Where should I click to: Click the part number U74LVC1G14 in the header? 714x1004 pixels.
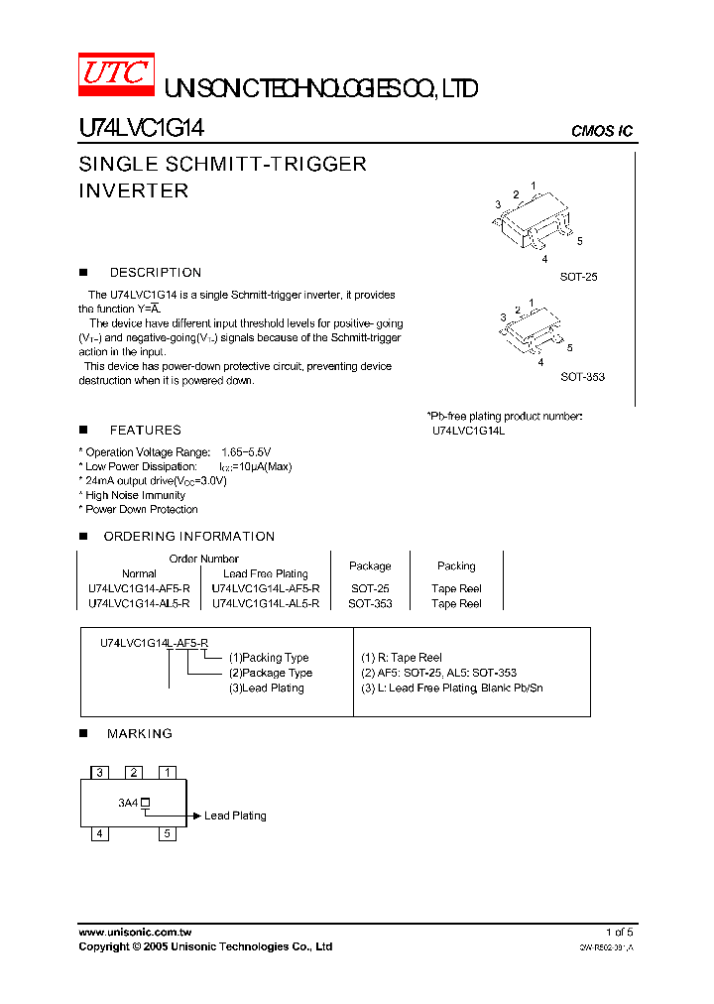tap(141, 129)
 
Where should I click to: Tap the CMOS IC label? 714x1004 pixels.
tap(602, 131)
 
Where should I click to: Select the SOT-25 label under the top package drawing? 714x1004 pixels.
tap(578, 278)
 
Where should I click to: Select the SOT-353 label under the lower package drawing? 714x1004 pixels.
tap(582, 377)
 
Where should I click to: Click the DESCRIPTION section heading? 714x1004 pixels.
tap(155, 273)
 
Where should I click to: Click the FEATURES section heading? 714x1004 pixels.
tap(145, 431)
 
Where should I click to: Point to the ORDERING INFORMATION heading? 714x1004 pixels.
tap(188, 537)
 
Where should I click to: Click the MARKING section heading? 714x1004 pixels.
tap(139, 734)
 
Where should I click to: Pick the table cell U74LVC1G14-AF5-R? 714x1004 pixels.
tap(139, 588)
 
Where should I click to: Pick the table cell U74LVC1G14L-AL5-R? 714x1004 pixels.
tap(266, 603)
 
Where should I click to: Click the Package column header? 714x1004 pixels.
tap(370, 566)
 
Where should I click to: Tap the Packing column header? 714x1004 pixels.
tap(456, 566)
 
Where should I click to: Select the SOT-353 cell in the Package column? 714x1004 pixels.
tap(370, 603)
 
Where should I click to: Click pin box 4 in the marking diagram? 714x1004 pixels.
tap(99, 833)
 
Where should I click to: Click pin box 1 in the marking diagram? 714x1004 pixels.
tap(168, 772)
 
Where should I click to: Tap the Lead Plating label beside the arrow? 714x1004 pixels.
tap(235, 816)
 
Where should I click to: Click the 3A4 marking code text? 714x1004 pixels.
tap(128, 803)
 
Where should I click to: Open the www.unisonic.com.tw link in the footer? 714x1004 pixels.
tap(135, 933)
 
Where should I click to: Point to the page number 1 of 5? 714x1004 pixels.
tap(619, 933)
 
